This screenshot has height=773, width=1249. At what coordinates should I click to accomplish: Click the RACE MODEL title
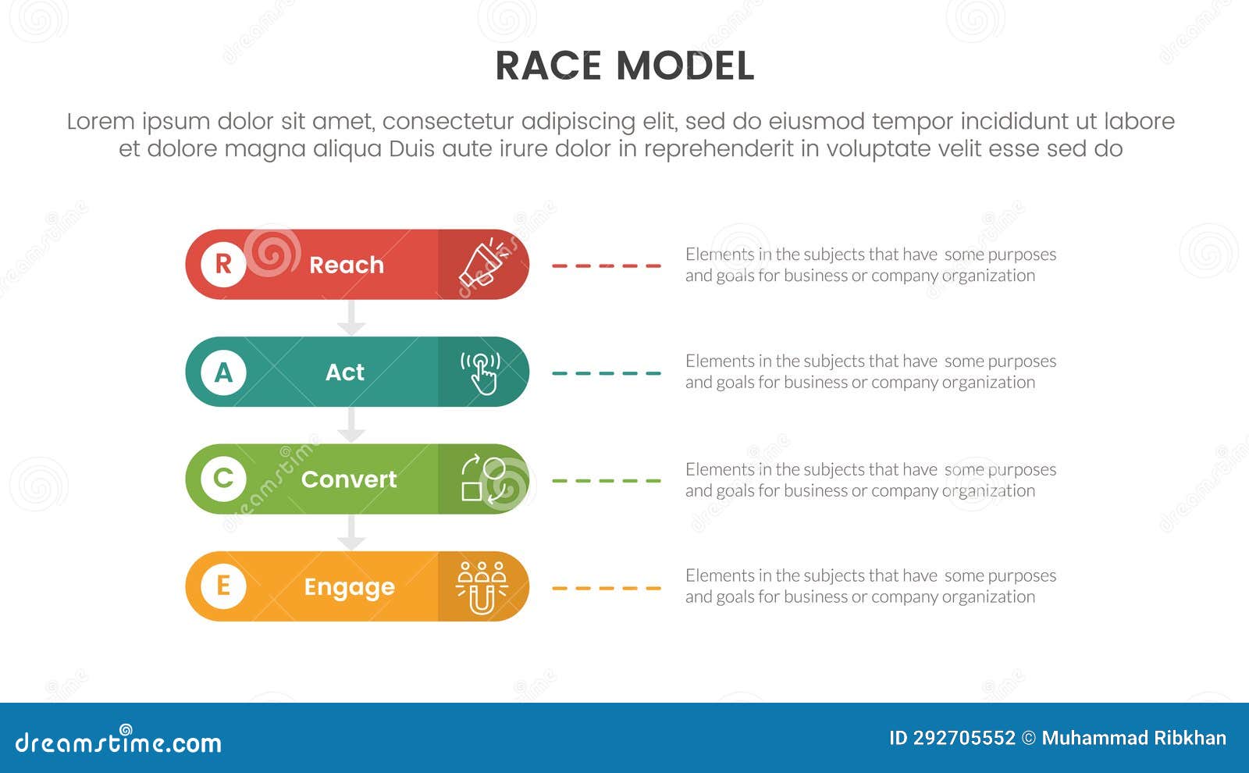(x=624, y=66)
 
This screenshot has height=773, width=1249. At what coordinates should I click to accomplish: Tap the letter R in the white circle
(x=223, y=264)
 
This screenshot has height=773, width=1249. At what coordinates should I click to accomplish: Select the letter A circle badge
(x=223, y=372)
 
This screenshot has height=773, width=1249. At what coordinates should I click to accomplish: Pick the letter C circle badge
(x=223, y=479)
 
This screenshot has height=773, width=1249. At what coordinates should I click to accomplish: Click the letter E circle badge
(x=223, y=586)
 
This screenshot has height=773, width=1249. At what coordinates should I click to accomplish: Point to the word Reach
(x=347, y=265)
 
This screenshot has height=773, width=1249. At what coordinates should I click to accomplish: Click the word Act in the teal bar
(x=345, y=372)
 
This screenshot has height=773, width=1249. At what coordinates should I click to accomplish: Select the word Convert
(x=349, y=479)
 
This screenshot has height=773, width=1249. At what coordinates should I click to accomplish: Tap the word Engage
(x=349, y=587)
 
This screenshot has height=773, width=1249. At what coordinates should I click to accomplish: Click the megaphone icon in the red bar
(x=483, y=263)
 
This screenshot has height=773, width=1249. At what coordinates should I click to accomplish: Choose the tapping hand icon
(x=481, y=372)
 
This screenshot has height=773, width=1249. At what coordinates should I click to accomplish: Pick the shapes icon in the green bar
(x=482, y=479)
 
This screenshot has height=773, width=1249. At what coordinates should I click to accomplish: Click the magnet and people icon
(x=482, y=587)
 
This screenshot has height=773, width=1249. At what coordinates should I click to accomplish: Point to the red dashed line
(x=607, y=265)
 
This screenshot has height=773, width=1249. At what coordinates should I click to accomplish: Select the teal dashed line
(x=607, y=373)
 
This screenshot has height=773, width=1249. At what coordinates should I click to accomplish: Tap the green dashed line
(x=607, y=481)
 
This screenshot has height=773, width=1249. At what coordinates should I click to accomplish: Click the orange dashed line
(x=607, y=588)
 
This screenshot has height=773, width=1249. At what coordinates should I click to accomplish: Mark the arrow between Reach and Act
(x=351, y=318)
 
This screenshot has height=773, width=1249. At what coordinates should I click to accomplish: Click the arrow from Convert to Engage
(x=351, y=533)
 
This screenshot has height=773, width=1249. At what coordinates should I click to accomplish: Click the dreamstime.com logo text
(x=119, y=742)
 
